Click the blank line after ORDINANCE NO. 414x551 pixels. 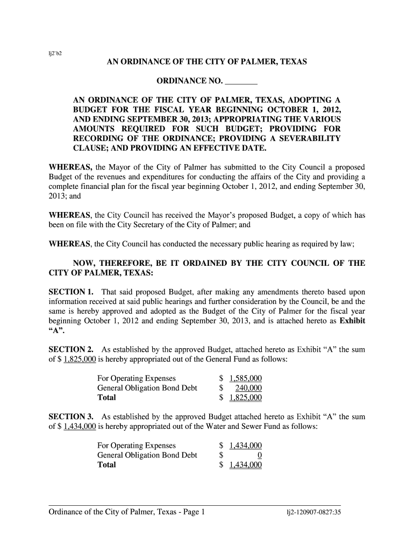(x=241, y=82)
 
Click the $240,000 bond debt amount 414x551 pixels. (x=249, y=388)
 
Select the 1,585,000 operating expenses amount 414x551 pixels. (x=245, y=378)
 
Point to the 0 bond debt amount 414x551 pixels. (x=259, y=456)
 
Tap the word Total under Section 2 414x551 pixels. (x=106, y=398)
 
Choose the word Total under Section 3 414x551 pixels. (x=106, y=465)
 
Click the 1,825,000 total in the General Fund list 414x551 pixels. (x=245, y=398)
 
